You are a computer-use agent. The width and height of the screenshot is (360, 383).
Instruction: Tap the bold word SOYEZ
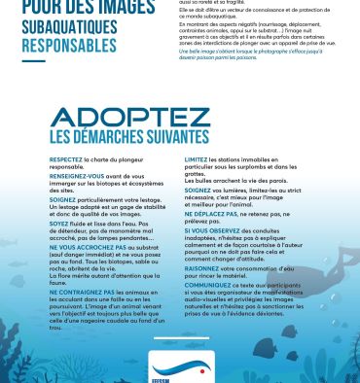60,224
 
